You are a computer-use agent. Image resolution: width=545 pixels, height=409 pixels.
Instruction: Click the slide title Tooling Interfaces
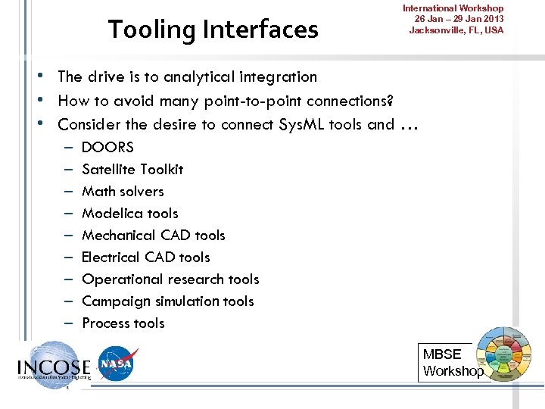(x=213, y=30)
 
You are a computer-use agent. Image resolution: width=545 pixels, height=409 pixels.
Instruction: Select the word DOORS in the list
(x=107, y=147)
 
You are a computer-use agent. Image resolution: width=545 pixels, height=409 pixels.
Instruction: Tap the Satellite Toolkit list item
(x=132, y=169)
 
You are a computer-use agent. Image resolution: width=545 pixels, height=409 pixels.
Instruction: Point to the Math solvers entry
(x=123, y=191)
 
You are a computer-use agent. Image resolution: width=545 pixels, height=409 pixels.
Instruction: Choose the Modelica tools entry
(x=130, y=213)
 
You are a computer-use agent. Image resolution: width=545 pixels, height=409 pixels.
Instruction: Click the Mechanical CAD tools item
(x=154, y=235)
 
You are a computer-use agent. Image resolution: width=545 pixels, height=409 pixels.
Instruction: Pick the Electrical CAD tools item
(x=146, y=257)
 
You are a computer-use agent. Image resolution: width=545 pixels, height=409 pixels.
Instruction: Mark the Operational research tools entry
(x=170, y=279)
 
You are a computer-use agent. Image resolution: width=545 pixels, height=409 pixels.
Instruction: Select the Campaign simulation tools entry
(x=168, y=301)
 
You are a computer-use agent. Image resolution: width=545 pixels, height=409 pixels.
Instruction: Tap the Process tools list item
(x=123, y=323)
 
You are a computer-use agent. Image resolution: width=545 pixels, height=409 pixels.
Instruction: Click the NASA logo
(x=118, y=364)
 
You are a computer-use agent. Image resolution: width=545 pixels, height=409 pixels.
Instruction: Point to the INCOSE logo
(x=53, y=365)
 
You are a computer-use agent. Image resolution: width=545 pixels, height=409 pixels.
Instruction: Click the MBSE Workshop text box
(x=452, y=362)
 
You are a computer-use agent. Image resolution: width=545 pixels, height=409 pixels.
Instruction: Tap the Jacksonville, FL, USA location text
(x=456, y=30)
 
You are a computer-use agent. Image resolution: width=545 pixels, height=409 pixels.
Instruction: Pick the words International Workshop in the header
(x=453, y=8)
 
